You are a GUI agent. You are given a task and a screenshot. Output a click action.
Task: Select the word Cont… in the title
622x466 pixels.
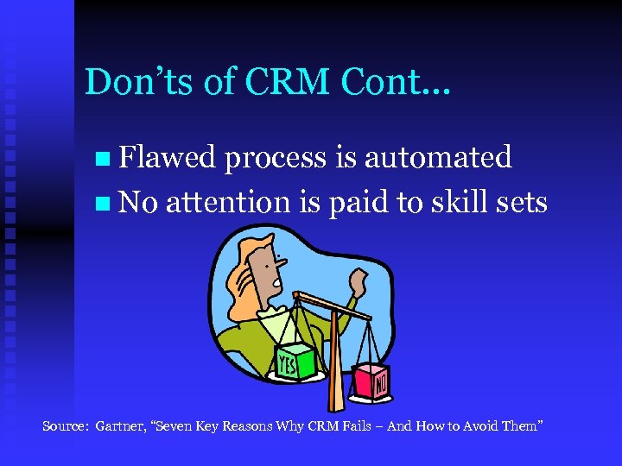click(398, 82)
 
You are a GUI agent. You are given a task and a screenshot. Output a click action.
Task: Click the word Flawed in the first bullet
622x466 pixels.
click(167, 157)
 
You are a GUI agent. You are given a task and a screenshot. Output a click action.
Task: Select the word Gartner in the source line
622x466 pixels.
click(120, 426)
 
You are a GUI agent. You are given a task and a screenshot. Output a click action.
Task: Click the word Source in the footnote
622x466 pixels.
click(66, 426)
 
